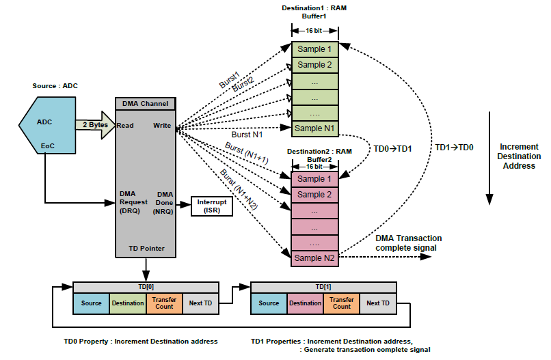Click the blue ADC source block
pos(45,126)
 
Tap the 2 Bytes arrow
pos(95,125)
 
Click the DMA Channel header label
pos(145,104)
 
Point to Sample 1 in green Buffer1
pos(314,49)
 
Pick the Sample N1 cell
pos(314,128)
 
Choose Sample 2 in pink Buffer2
pos(314,195)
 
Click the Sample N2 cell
pos(314,258)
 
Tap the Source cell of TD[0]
pos(91,303)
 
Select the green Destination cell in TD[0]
pos(128,303)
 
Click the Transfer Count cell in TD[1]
pos(342,303)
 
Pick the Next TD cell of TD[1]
pos(378,303)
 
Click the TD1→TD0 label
pos(454,148)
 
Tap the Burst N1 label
pos(246,135)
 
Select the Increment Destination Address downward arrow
pos(489,164)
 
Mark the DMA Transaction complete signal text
pos(408,243)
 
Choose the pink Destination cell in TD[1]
pos(305,303)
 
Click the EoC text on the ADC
pos(47,146)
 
